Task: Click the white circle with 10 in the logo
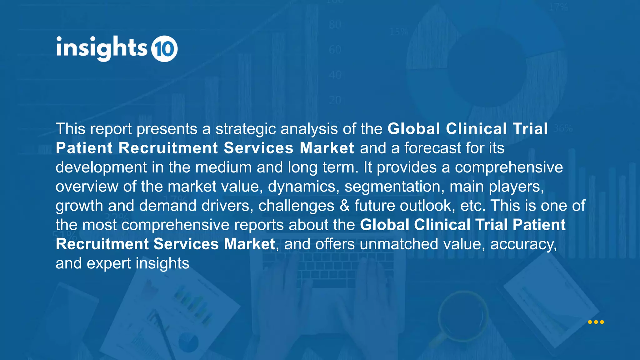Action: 164,49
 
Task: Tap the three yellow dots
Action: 596,322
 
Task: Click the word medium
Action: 223,167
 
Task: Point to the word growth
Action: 79,206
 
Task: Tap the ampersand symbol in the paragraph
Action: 344,206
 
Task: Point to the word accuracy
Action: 523,244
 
